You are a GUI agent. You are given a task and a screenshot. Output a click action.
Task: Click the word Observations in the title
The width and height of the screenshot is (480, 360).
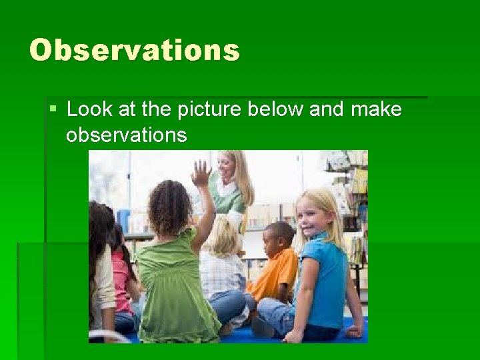coord(134,50)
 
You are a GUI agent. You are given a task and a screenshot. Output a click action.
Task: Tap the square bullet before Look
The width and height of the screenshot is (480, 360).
coord(54,107)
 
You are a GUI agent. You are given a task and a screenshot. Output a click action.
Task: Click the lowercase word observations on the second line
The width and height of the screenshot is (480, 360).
coord(126,135)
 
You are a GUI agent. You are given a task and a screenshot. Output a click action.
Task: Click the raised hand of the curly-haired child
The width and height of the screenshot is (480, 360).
coord(201,173)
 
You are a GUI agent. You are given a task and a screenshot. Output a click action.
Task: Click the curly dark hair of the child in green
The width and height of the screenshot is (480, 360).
coord(171,207)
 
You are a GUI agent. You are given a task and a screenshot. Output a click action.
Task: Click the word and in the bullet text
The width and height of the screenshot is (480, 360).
coord(326,109)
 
